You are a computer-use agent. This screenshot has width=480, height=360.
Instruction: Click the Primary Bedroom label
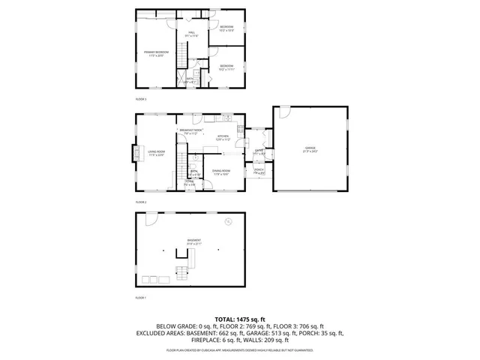click(157, 53)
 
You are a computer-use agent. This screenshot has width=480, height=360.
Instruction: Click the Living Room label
click(155, 154)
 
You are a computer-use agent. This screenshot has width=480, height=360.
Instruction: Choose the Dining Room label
click(220, 172)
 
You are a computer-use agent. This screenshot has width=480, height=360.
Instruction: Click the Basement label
click(194, 242)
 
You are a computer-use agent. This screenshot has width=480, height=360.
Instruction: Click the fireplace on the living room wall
click(139, 154)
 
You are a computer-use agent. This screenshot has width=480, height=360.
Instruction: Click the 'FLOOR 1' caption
click(140, 298)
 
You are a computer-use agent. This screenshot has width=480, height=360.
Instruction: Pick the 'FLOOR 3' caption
click(140, 99)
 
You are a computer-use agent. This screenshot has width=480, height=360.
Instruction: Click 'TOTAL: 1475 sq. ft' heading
click(239, 319)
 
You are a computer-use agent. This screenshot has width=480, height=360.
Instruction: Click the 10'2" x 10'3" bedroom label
click(226, 28)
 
